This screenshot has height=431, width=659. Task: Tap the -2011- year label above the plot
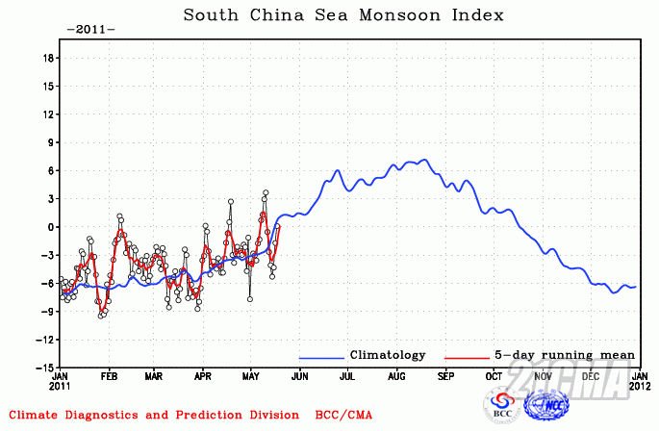pyautogui.click(x=90, y=29)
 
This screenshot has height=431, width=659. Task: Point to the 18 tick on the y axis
pyautogui.click(x=46, y=58)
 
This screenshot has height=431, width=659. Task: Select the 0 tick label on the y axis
pyautogui.click(x=49, y=227)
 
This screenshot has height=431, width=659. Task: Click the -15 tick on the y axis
pyautogui.click(x=43, y=368)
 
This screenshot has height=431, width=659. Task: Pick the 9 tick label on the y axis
pyautogui.click(x=49, y=142)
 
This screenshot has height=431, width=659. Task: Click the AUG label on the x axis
pyautogui.click(x=395, y=377)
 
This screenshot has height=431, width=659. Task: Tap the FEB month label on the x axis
pyautogui.click(x=109, y=377)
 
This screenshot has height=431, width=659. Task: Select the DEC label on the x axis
pyautogui.click(x=591, y=377)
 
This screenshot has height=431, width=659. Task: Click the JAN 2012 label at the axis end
pyautogui.click(x=639, y=383)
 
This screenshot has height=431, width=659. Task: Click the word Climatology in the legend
pyautogui.click(x=387, y=355)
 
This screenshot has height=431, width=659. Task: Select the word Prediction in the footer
pyautogui.click(x=195, y=416)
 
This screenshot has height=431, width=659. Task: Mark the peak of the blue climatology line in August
pyautogui.click(x=424, y=160)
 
